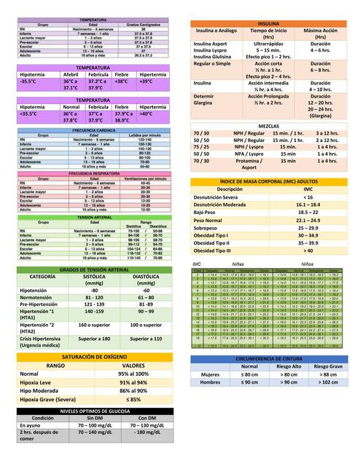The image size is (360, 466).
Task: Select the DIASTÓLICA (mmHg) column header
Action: click(x=146, y=280)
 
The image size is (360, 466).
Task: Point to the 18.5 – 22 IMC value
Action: click(x=308, y=212)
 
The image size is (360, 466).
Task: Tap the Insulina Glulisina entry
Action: click(x=213, y=57)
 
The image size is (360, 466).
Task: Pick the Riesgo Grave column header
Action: click(x=329, y=367)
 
